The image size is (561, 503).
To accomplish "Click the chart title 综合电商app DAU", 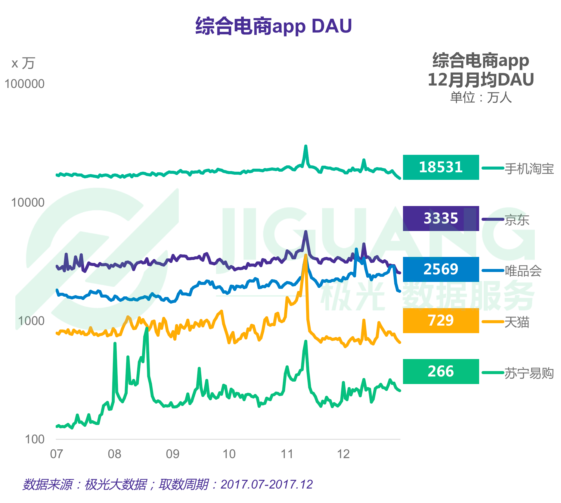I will [274, 26].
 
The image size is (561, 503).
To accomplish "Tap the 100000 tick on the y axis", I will [24, 84].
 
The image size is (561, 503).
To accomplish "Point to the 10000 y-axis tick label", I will [28, 203].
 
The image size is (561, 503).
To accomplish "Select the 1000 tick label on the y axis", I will [31, 321].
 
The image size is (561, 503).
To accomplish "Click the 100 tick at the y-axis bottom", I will [35, 439].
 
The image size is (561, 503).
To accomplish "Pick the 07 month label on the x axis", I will [56, 454].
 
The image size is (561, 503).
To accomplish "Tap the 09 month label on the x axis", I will [172, 454].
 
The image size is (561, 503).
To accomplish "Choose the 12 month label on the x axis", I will [343, 454].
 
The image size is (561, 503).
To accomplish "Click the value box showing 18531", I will [441, 167].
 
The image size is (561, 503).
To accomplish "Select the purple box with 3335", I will [441, 218].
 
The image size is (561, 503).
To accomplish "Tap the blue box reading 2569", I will [441, 269].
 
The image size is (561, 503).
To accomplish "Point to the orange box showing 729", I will [441, 320].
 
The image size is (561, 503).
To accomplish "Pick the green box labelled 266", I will [441, 371].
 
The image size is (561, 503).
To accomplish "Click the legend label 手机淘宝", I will [529, 169].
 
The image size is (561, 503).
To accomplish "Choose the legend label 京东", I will [517, 220].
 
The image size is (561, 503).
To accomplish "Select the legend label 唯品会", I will [523, 271].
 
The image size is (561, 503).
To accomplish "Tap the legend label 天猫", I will [517, 322].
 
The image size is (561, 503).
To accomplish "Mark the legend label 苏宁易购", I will [529, 373].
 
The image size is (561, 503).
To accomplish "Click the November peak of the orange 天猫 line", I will [306, 256].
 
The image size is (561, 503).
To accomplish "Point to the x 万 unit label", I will [23, 63].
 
